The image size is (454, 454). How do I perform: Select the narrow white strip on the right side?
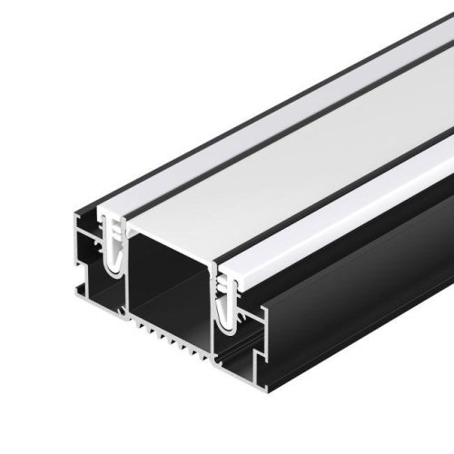pyautogui.click(x=363, y=209)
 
